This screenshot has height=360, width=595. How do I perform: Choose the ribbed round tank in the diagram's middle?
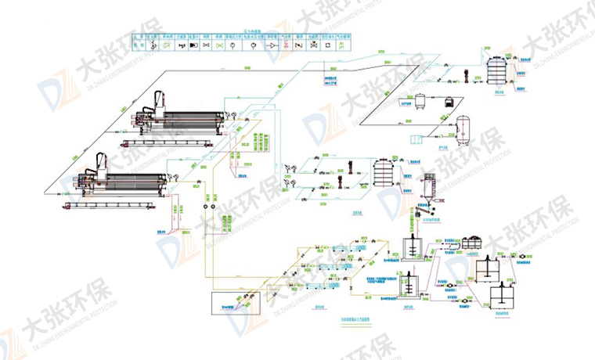[x=382, y=171]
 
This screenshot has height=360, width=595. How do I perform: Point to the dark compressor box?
[x=449, y=102]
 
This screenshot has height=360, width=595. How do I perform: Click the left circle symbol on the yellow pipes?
[x=204, y=209]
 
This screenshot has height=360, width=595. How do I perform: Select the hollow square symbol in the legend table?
[x=313, y=46]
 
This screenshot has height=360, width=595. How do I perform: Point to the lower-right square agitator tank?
[x=502, y=297]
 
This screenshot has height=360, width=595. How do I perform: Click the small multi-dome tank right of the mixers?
[x=473, y=243]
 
